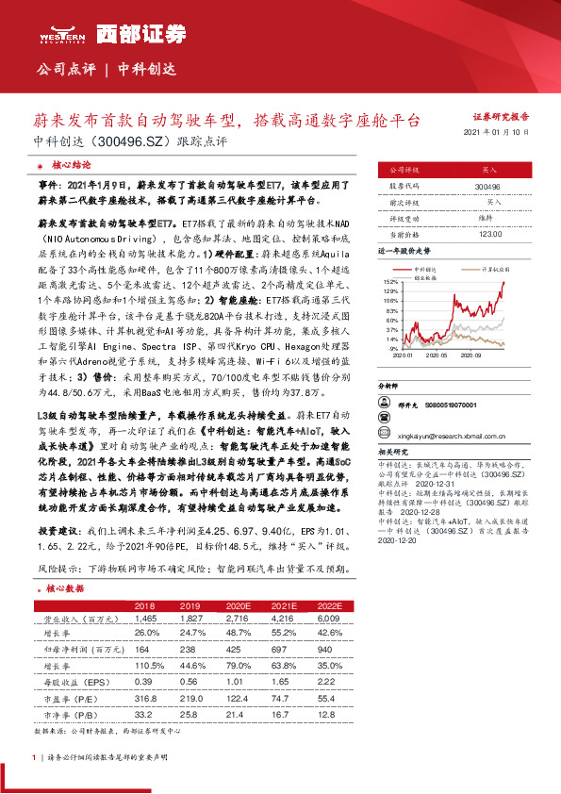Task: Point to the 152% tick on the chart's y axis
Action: (390, 282)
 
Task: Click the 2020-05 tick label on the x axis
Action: (437, 356)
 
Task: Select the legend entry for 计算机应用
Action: (496, 269)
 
